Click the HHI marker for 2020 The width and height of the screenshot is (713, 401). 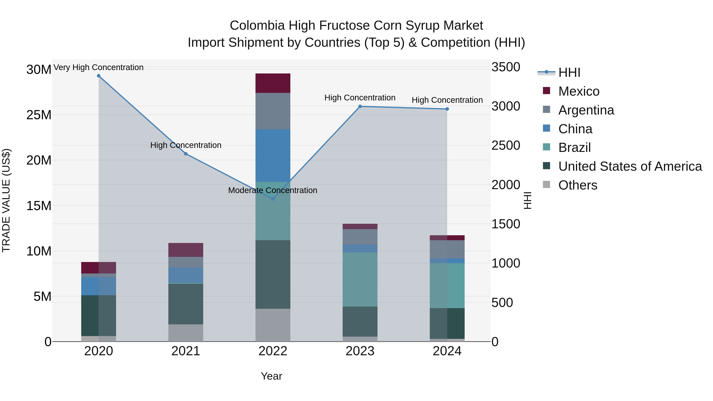(99, 76)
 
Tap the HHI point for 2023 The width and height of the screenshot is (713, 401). (360, 106)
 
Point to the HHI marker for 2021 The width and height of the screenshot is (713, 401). (186, 154)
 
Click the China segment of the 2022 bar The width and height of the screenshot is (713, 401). (273, 155)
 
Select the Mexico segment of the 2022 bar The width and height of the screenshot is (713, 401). (273, 83)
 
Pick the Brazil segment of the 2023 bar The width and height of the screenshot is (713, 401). (360, 279)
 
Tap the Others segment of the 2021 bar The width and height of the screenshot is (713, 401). (186, 333)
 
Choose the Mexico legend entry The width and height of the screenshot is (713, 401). (579, 91)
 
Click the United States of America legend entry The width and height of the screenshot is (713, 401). (630, 166)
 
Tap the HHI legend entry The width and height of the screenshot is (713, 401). (569, 72)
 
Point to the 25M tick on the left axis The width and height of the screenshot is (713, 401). (39, 115)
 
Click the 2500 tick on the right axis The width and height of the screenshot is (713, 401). (506, 146)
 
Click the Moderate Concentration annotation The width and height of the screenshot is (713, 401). (273, 190)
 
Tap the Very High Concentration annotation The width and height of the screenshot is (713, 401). (99, 67)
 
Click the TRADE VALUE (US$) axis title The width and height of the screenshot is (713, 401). (6, 200)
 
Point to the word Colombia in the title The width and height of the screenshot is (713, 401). (257, 26)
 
